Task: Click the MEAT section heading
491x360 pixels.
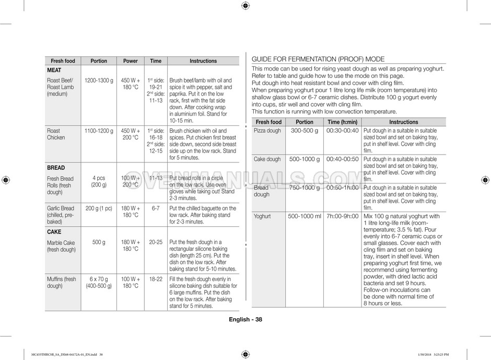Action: coord(54,70)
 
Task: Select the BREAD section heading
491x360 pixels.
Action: coord(56,168)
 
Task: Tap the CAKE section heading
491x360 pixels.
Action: coord(54,231)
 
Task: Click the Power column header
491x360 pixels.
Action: coord(131,61)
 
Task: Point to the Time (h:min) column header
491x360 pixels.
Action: coord(342,122)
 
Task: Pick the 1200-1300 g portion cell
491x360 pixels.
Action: coord(99,80)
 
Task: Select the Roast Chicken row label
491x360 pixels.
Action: coord(56,134)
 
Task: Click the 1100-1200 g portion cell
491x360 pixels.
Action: coord(99,131)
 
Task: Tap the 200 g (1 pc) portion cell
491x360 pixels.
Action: coord(99,208)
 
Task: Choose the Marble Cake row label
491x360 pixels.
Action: coord(61,246)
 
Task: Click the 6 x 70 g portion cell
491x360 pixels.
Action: coord(99,283)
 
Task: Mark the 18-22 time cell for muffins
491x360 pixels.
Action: coord(156,280)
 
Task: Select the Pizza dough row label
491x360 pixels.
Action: coord(267,131)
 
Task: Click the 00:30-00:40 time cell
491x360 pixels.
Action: coord(342,131)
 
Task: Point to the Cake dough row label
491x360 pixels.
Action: coord(267,159)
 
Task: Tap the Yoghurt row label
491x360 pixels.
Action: coord(262,216)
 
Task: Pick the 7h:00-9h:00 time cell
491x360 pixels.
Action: coord(342,216)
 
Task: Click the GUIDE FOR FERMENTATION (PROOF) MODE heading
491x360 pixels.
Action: coord(318,59)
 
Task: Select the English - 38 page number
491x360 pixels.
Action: coord(245,320)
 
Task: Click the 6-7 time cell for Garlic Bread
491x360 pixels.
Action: coord(156,208)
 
